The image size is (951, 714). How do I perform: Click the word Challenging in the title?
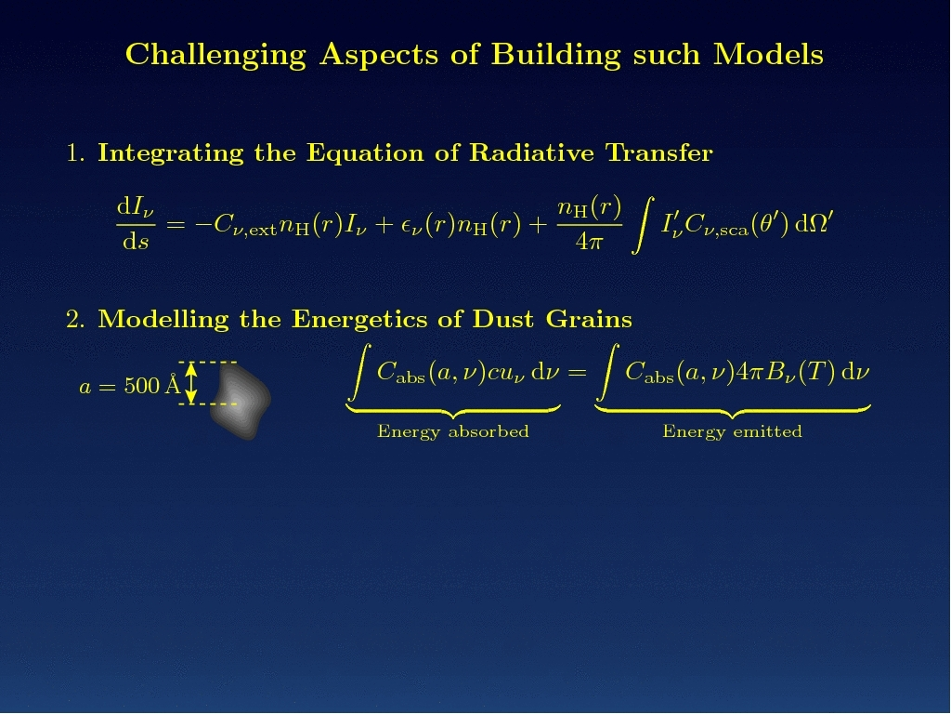215,55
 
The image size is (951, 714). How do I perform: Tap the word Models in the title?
768,54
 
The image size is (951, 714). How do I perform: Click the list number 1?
75,152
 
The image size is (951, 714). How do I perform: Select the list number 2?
75,320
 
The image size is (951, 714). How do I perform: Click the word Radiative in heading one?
531,152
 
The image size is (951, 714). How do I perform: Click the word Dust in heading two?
502,320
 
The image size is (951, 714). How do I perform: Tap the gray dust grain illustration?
240,400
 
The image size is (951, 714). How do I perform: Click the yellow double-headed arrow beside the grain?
191,383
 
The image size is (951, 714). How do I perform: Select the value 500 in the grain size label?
142,386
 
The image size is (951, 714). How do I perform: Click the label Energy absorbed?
453,431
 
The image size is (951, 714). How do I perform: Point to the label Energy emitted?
732,431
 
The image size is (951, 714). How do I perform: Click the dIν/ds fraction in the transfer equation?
136,224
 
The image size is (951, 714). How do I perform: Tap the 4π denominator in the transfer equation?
590,242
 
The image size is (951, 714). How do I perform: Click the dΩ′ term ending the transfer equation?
814,223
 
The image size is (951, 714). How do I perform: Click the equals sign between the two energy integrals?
578,372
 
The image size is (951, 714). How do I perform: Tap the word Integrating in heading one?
171,153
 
